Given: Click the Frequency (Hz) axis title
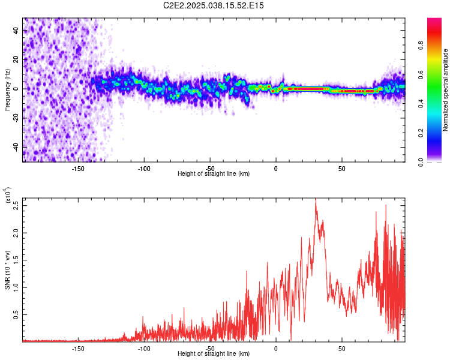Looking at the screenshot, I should (7, 89).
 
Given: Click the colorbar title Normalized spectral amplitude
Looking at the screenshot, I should (446, 90).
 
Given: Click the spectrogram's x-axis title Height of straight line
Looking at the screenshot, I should (214, 174).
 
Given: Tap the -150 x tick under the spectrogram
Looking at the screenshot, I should (78, 169).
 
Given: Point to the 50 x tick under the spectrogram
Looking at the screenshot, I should (341, 169).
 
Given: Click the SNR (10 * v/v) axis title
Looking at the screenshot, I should (7, 270).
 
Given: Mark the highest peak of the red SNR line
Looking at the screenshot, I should (316, 200).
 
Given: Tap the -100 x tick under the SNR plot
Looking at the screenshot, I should (144, 348).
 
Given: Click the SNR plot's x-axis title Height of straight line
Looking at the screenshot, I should (214, 354).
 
